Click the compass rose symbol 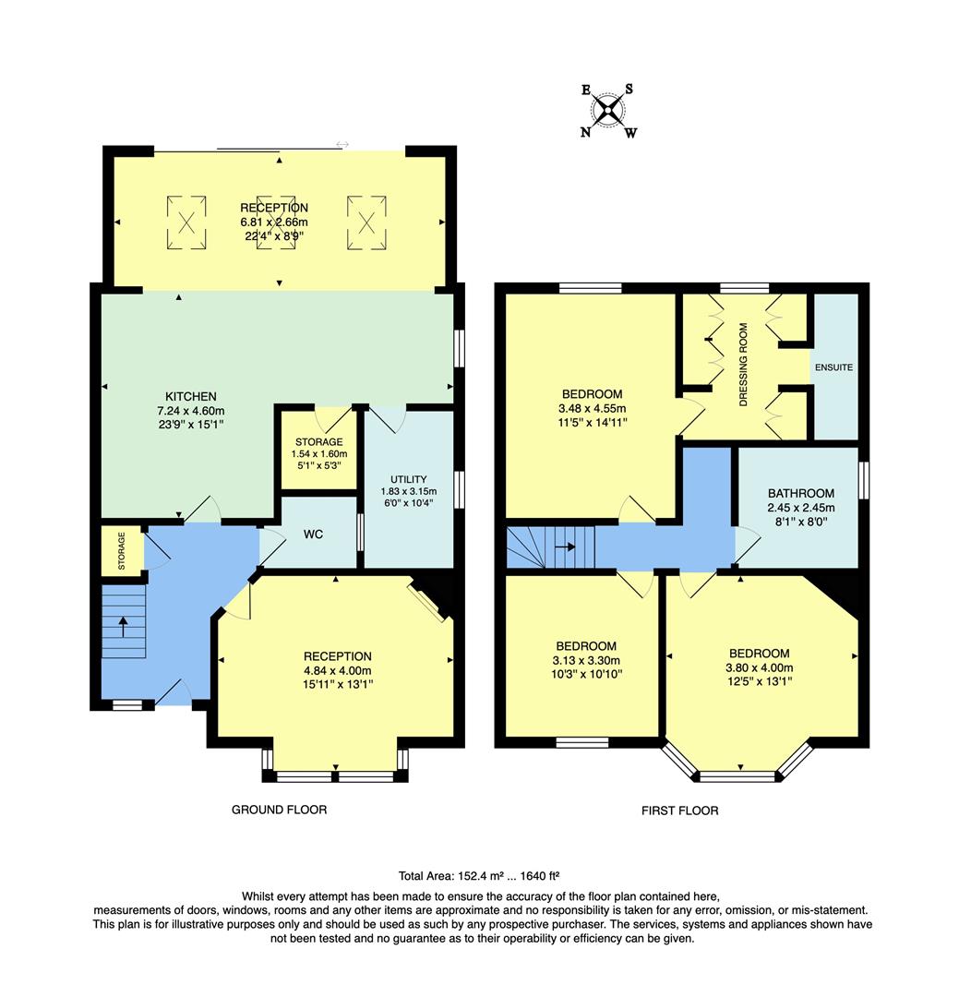click(608, 112)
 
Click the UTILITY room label click(408, 479)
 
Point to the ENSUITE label click(833, 367)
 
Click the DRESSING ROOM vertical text click(743, 366)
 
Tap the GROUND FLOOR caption click(279, 810)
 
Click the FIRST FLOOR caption click(679, 811)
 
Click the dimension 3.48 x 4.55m click(591, 409)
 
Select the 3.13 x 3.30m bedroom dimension click(585, 660)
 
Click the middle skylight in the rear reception click(276, 222)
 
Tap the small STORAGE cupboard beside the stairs click(121, 551)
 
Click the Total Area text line click(479, 875)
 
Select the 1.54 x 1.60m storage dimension click(319, 454)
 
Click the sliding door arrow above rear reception click(342, 144)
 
